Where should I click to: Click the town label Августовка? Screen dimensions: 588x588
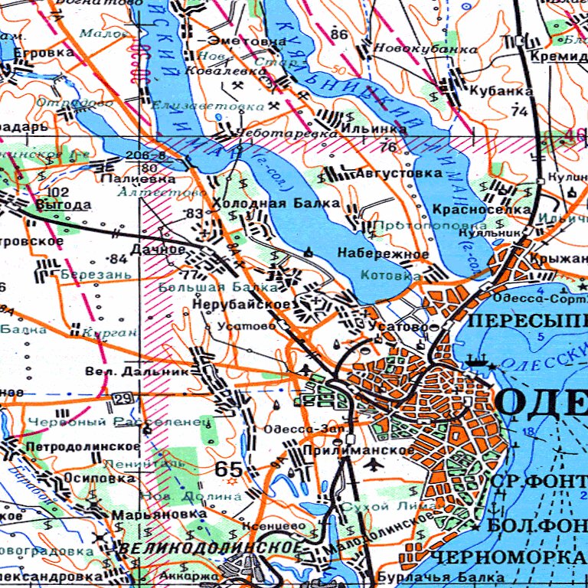click(x=399, y=174)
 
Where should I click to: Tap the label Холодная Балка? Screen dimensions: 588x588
click(x=275, y=204)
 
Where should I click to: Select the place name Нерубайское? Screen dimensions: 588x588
click(x=240, y=305)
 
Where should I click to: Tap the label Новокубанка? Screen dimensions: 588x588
click(x=426, y=49)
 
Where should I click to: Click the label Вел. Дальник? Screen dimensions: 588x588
click(x=136, y=371)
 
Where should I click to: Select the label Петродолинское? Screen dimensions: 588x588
click(x=82, y=446)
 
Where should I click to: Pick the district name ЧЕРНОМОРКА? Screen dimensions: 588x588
click(x=507, y=557)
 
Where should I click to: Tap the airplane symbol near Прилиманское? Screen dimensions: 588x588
click(x=374, y=464)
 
